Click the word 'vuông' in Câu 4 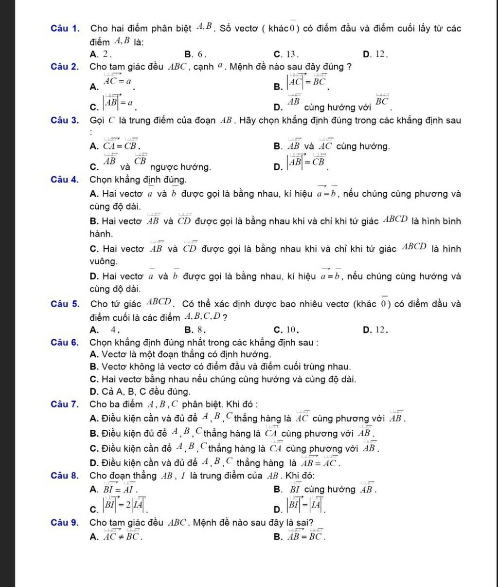[104, 262]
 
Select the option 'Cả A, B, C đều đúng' [134, 391]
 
